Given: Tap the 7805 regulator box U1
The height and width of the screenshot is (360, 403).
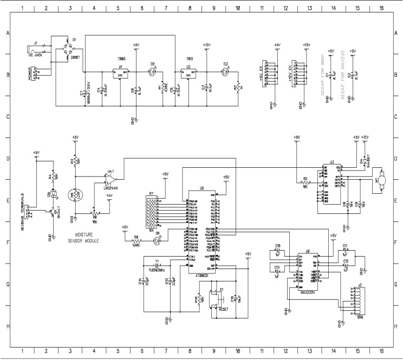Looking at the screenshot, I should point(119,73).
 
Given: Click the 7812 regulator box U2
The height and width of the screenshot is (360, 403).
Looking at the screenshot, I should point(190,73).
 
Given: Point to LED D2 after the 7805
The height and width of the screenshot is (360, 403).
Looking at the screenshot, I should point(153,71).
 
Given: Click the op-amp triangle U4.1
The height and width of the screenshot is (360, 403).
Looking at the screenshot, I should point(110,179).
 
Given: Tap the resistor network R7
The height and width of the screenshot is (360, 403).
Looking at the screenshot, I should point(151,212).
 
